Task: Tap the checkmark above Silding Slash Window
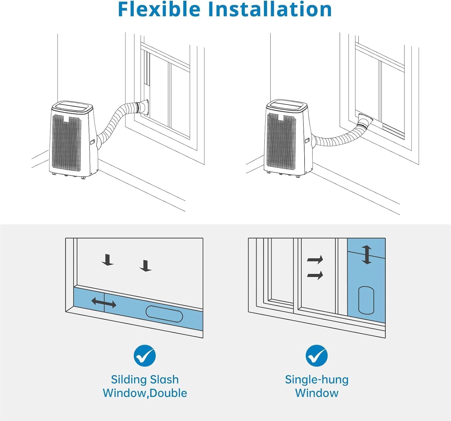pyautogui.click(x=145, y=355)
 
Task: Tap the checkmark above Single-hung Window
pyautogui.click(x=317, y=355)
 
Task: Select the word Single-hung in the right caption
pyautogui.click(x=317, y=380)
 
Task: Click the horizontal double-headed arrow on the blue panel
pyautogui.click(x=104, y=303)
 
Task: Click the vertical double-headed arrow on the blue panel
pyautogui.click(x=366, y=255)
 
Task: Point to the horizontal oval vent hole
pyautogui.click(x=164, y=314)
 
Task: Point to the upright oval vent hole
pyautogui.click(x=366, y=300)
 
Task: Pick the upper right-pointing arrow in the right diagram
pyautogui.click(x=315, y=260)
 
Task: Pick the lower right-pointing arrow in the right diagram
pyautogui.click(x=315, y=275)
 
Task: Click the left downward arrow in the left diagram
pyautogui.click(x=107, y=260)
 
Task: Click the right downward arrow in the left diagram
pyautogui.click(x=146, y=266)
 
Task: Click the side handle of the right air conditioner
pyautogui.click(x=307, y=140)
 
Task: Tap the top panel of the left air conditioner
pyautogui.click(x=72, y=107)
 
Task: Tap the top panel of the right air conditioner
pyautogui.click(x=287, y=106)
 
